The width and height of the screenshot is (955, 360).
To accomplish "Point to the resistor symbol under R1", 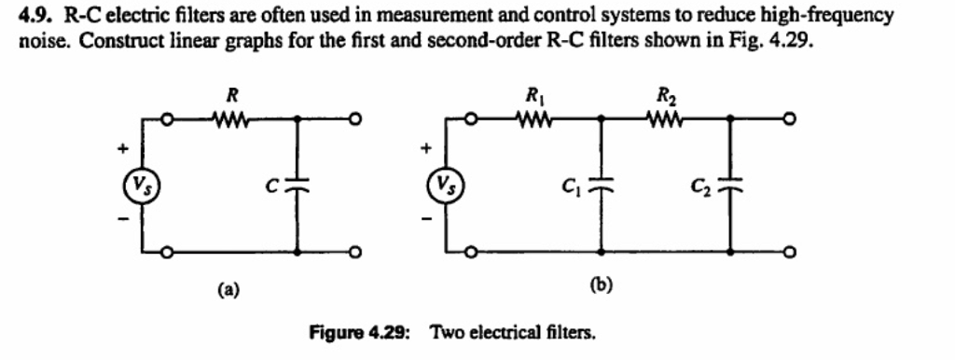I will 535,119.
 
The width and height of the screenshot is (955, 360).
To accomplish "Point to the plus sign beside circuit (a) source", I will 120,147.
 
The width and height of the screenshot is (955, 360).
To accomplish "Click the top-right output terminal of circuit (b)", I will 792,119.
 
